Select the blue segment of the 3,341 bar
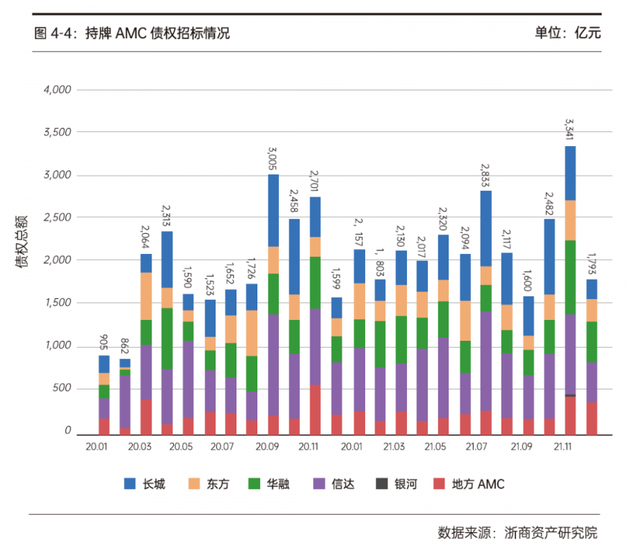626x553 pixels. click(x=570, y=173)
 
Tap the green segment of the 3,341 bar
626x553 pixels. click(x=570, y=277)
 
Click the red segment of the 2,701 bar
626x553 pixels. click(x=315, y=410)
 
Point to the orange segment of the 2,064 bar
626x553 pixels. click(x=146, y=296)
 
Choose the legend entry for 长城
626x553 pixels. click(x=145, y=483)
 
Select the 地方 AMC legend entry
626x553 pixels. click(x=468, y=483)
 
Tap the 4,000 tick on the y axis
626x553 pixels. click(x=57, y=90)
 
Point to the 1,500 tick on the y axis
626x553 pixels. click(x=57, y=303)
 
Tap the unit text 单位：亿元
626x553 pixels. click(x=567, y=33)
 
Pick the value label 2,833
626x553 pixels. click(x=485, y=177)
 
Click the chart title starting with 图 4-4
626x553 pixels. click(x=131, y=33)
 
